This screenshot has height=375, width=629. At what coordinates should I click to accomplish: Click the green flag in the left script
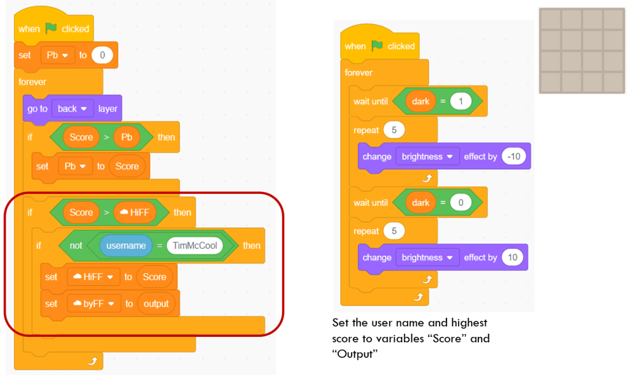click(51, 28)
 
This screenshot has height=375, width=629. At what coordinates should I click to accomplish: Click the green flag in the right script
click(377, 46)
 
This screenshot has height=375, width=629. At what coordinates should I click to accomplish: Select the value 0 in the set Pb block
click(102, 55)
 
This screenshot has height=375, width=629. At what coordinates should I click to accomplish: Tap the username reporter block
click(126, 246)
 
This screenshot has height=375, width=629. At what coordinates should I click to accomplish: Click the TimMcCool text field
click(195, 246)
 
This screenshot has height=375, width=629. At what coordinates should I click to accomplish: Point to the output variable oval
click(156, 304)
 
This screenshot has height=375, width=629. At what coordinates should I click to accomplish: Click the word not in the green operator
click(76, 246)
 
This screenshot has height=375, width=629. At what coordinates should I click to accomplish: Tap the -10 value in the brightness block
click(515, 156)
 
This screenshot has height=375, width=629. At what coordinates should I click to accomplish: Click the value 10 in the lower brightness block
click(513, 257)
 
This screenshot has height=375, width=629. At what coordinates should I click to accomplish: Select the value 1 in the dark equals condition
click(460, 101)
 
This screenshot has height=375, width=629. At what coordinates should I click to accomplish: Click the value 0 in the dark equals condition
click(460, 202)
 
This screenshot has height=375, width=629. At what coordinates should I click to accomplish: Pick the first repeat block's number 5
click(393, 131)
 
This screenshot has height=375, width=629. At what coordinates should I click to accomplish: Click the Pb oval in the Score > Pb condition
click(126, 137)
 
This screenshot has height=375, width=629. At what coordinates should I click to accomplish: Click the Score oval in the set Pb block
click(127, 166)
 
